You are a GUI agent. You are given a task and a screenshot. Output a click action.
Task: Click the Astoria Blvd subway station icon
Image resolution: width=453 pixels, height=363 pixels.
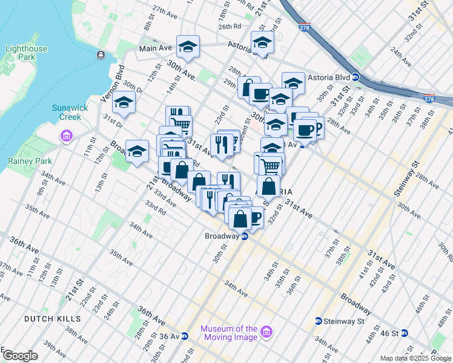coord(357,77)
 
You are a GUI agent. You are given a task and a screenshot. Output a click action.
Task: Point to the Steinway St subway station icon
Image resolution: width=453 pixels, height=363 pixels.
coord(319,321)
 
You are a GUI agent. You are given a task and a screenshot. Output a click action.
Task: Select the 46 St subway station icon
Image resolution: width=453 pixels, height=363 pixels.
coord(405,333)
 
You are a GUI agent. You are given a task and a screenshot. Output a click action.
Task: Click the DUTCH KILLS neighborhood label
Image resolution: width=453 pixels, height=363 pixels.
coord(50,318)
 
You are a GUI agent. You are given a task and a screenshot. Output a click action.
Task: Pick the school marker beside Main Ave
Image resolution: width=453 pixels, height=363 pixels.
coord(188,47)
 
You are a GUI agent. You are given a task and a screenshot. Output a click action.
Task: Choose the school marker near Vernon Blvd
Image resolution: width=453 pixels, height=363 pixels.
coord(124,103)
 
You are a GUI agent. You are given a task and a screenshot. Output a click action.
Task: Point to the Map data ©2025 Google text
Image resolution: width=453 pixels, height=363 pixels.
coord(415,358)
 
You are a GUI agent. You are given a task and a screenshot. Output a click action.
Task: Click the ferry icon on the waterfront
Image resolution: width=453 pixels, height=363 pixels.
coord(101,55)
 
